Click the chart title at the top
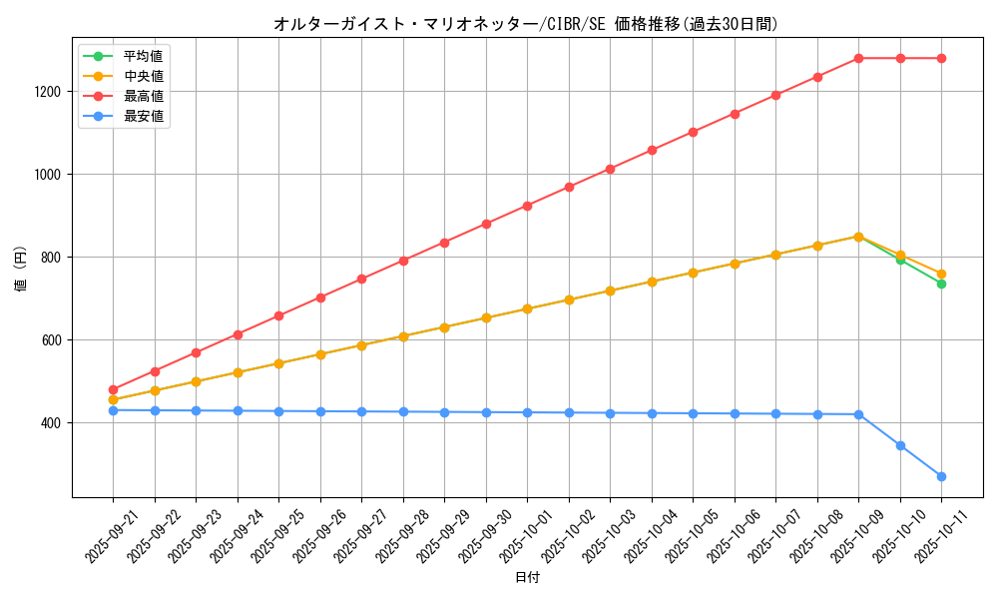pos(526,24)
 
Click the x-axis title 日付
pos(526,578)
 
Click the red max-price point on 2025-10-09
pos(858,58)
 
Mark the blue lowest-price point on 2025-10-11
pos(941,476)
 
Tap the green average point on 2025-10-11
pos(941,284)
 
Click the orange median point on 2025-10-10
pos(900,255)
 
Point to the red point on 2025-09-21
pos(113,389)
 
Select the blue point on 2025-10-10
pos(900,445)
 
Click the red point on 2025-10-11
pos(941,58)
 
